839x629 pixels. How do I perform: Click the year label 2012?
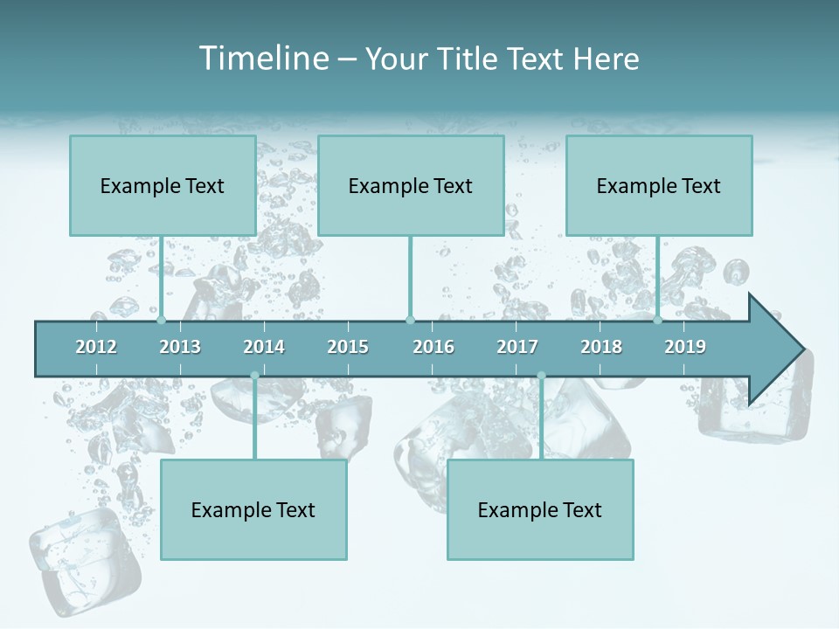pyautogui.click(x=96, y=347)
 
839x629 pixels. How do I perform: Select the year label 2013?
pyautogui.click(x=180, y=347)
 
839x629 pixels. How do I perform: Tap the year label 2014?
pyautogui.click(x=264, y=347)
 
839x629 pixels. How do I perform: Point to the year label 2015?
pyautogui.click(x=348, y=347)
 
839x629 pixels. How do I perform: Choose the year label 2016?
pyautogui.click(x=433, y=347)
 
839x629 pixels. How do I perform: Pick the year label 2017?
pyautogui.click(x=517, y=347)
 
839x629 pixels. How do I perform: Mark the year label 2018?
pyautogui.click(x=601, y=347)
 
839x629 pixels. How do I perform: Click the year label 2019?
pyautogui.click(x=685, y=347)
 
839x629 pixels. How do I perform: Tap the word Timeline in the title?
pyautogui.click(x=261, y=59)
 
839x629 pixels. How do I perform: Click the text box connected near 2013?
pyautogui.click(x=163, y=185)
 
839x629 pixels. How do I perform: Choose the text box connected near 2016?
pyautogui.click(x=411, y=185)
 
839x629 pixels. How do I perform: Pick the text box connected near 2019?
pyautogui.click(x=659, y=185)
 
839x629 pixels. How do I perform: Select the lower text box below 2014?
pyautogui.click(x=253, y=509)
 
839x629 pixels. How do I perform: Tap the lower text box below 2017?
pyautogui.click(x=540, y=509)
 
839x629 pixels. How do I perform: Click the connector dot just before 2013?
pyautogui.click(x=161, y=320)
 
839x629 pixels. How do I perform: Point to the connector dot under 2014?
pyautogui.click(x=254, y=376)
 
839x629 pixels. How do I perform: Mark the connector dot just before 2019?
pyautogui.click(x=657, y=320)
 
